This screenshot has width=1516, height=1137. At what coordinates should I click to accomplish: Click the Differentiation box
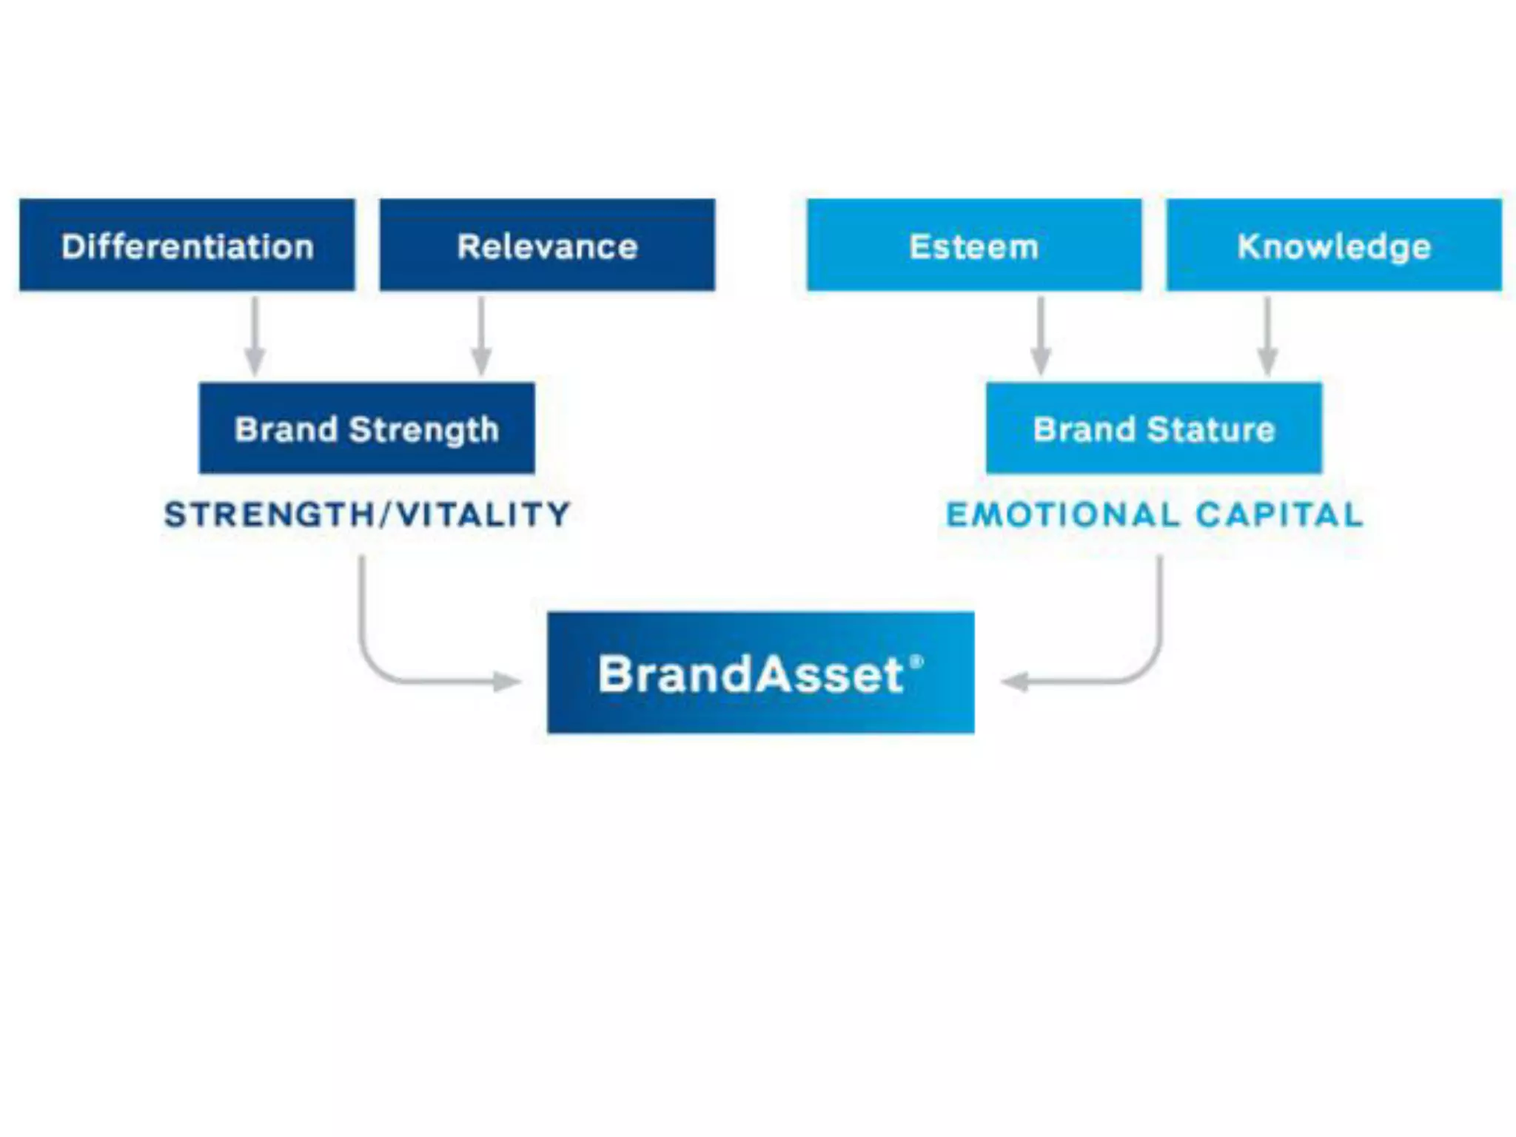pos(187,245)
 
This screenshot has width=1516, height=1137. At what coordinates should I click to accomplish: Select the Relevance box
pos(547,245)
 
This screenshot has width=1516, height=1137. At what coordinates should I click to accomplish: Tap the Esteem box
pos(973,245)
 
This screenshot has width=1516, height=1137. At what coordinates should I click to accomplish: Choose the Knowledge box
pos(1334,245)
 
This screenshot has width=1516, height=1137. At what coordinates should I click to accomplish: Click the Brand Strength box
pos(366,429)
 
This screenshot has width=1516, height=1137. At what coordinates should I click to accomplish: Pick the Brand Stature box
pos(1153,429)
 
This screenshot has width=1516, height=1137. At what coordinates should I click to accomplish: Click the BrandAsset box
pos(760,673)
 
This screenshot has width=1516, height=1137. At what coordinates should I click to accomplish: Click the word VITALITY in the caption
pos(483,514)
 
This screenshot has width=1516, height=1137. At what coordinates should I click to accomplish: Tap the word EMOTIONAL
pos(1062,514)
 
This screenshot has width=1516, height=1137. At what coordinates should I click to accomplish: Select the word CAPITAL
pos(1279,514)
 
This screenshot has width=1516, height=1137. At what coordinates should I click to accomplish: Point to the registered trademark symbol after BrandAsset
pos(916,661)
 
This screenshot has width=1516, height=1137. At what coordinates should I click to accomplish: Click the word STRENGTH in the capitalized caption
pos(269,514)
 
